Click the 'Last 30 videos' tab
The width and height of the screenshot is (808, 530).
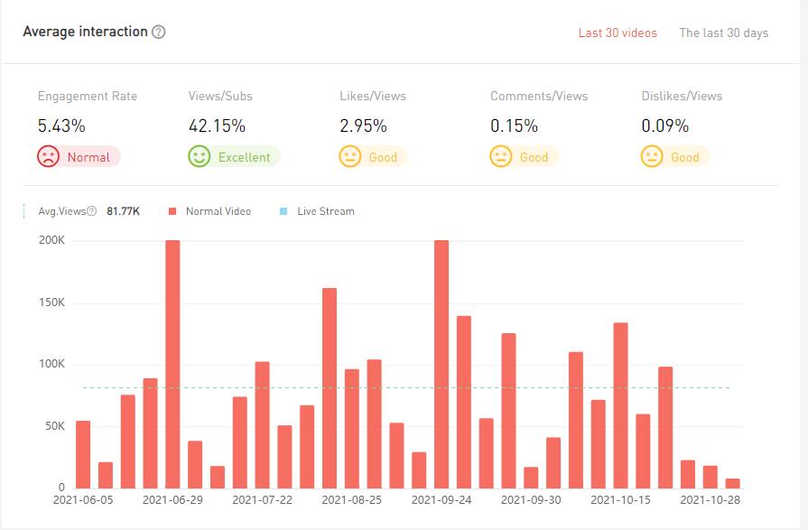point(618,33)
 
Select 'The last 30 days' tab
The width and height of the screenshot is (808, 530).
point(723,33)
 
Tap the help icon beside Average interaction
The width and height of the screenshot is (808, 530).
point(159,32)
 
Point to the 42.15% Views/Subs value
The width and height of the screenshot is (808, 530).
point(217,126)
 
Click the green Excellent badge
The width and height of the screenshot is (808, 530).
point(234,157)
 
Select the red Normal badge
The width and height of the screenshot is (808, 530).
point(79,157)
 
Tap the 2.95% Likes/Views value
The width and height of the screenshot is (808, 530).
point(363,126)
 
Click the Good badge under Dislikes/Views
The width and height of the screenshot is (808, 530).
point(675,157)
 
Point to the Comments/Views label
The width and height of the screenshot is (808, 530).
point(539,96)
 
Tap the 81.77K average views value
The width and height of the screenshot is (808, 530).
point(123,211)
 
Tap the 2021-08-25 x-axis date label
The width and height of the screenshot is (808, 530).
point(352,499)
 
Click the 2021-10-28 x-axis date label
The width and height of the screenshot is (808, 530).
point(710,499)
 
